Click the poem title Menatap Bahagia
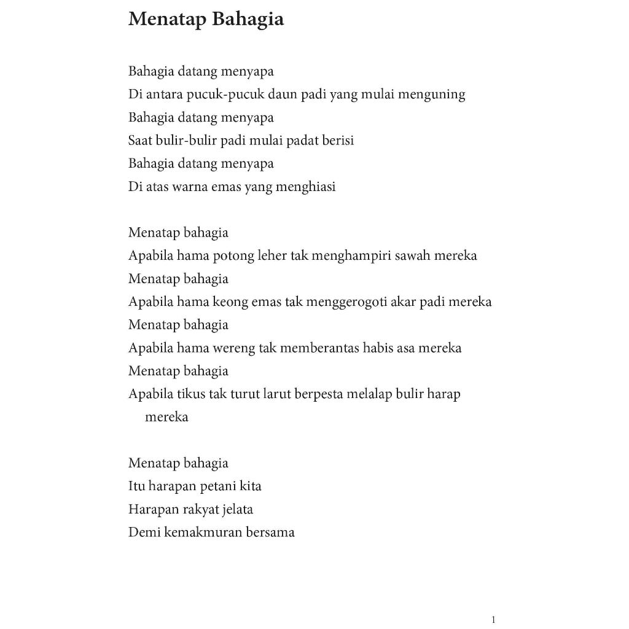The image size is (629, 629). click(206, 20)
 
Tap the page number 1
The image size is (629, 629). click(493, 620)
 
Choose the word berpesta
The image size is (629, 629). click(319, 394)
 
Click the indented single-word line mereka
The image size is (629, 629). click(166, 417)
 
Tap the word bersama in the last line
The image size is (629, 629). click(270, 533)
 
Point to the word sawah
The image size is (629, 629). click(412, 256)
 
